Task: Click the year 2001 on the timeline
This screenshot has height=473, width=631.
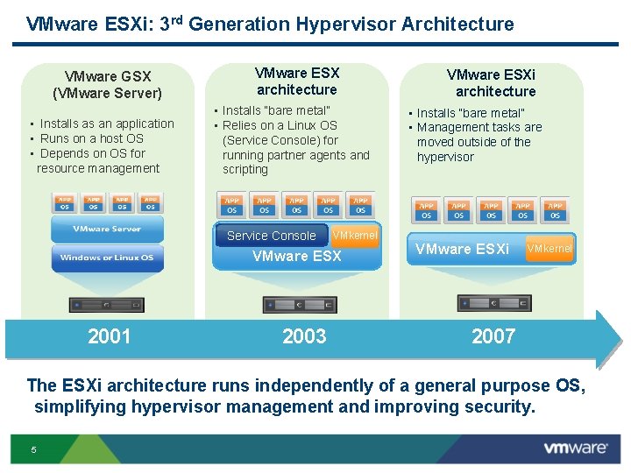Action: (x=110, y=336)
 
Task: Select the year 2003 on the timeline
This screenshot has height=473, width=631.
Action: (x=304, y=336)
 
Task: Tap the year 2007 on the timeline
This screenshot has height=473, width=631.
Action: (x=493, y=336)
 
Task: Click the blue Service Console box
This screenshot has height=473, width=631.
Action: (x=271, y=236)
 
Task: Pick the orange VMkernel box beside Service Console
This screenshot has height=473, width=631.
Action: (x=355, y=236)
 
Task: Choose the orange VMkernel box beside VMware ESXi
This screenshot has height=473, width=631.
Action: (x=549, y=249)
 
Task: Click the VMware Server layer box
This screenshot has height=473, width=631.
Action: (x=107, y=229)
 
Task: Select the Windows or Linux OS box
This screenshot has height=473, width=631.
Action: (x=107, y=258)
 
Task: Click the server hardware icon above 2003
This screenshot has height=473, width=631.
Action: (x=300, y=305)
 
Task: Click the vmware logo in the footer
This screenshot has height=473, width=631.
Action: (x=575, y=448)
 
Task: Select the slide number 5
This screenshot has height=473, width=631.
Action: (x=33, y=450)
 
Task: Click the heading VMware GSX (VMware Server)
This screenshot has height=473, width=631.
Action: (x=107, y=85)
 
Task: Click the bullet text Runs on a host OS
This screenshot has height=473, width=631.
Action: (x=92, y=138)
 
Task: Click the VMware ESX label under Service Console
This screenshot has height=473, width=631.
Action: (x=296, y=257)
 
